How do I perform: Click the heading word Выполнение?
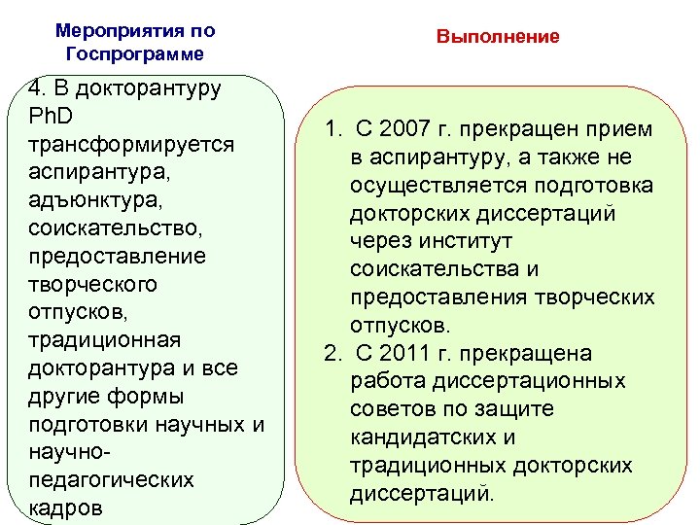point(498,37)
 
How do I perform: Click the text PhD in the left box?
point(52,116)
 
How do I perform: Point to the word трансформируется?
point(132,144)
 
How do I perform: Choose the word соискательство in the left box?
point(113,228)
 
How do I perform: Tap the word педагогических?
point(112,481)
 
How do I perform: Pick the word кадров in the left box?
point(65,509)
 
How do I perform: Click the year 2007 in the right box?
point(398,129)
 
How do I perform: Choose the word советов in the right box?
point(391,409)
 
